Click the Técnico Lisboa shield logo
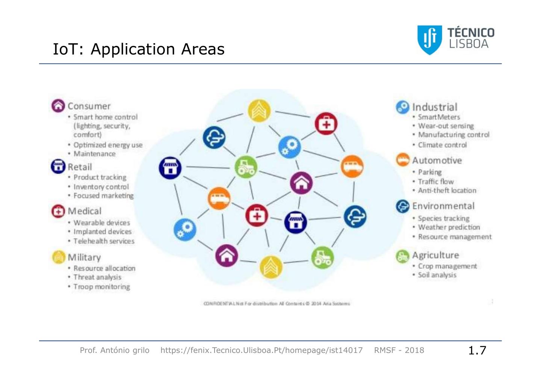(429, 39)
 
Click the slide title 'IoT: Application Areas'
(139, 49)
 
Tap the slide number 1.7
(477, 350)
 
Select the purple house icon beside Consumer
(58, 106)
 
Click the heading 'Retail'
(80, 167)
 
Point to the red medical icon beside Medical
(58, 211)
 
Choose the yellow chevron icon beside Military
(58, 257)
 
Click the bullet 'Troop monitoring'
(101, 287)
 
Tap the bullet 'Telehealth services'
(104, 241)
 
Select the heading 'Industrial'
(435, 107)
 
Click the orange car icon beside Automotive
(403, 160)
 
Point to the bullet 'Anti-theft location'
(447, 191)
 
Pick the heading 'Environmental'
(443, 206)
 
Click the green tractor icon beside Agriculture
(403, 256)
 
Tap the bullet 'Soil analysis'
(437, 275)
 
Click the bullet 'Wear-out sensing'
(446, 126)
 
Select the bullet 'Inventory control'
(101, 187)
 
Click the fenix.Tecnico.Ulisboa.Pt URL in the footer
(261, 350)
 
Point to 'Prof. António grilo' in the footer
(115, 350)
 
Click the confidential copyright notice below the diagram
(277, 304)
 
